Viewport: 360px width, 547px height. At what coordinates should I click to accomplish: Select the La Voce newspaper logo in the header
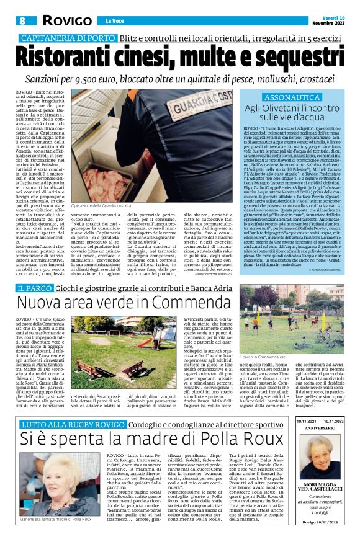coord(110,21)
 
